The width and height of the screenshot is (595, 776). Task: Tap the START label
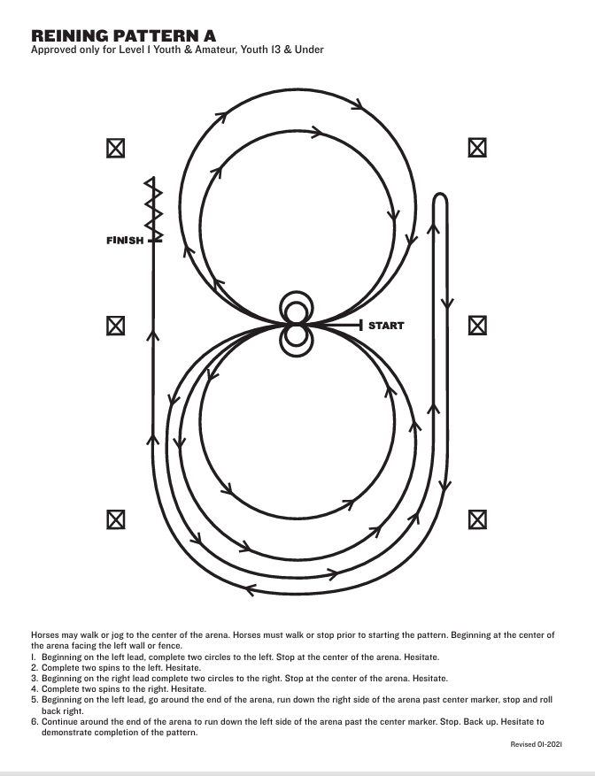(385, 326)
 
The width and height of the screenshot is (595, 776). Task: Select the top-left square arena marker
(115, 149)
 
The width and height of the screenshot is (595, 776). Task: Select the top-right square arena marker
(477, 149)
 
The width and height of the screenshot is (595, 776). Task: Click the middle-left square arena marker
(115, 326)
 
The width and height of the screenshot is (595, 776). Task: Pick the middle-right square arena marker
(477, 326)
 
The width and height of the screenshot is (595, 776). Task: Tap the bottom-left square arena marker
(115, 518)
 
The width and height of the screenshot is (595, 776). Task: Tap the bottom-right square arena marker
(477, 518)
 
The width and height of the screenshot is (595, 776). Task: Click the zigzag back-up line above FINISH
(154, 210)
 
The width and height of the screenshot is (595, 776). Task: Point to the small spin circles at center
(296, 324)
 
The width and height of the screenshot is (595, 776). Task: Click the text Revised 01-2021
(537, 745)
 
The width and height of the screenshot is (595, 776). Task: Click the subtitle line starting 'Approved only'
(177, 50)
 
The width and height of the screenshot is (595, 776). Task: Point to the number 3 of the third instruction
(34, 678)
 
